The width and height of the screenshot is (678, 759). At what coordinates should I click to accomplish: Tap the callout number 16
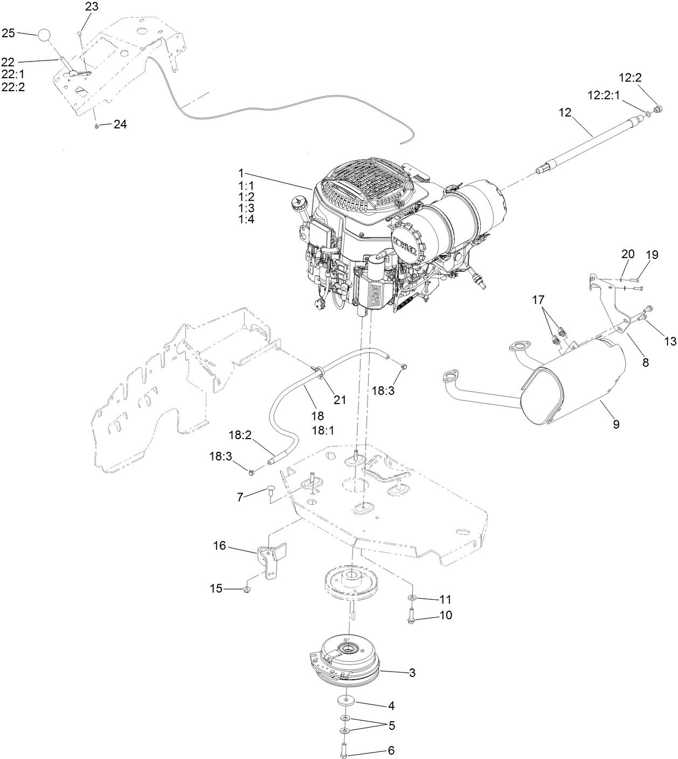(x=219, y=546)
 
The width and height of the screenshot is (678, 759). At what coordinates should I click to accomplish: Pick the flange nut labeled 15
(x=247, y=588)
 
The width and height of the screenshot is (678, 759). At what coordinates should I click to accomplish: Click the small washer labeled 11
(x=411, y=598)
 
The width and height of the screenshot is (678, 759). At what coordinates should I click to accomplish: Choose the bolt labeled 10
(x=411, y=615)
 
